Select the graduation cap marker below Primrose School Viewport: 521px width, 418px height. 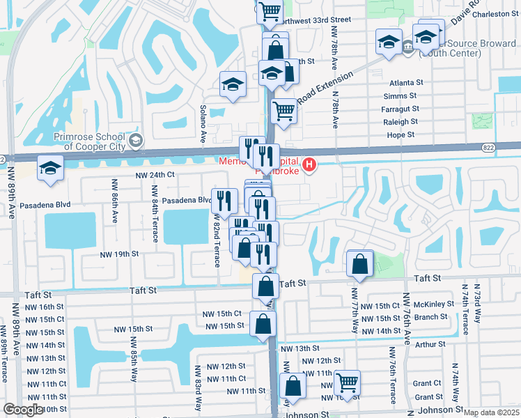50,170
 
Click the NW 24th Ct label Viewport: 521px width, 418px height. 154,174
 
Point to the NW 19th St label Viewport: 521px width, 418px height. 118,254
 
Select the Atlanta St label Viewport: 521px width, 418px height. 407,82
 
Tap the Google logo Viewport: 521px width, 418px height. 24,410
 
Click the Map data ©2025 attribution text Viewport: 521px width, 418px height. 491,412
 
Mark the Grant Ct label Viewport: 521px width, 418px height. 423,383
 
